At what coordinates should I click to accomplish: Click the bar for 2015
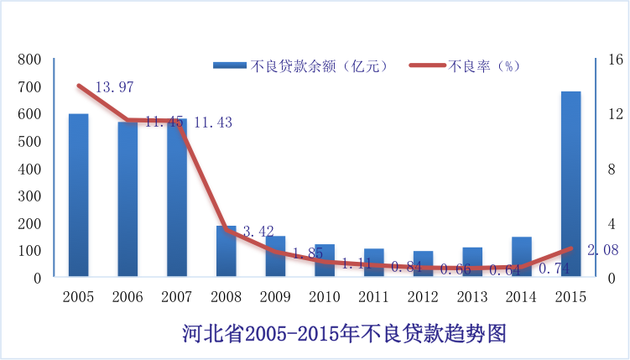[570, 185]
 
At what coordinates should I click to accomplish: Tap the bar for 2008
[226, 251]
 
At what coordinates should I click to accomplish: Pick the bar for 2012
[423, 263]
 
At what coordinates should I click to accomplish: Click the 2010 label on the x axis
[325, 297]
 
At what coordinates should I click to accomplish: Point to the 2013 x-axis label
[472, 297]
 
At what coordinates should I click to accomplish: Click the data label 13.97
[114, 87]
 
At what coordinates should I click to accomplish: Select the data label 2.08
[603, 250]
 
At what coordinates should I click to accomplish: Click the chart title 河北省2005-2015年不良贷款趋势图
[345, 333]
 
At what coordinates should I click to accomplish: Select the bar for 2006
[128, 200]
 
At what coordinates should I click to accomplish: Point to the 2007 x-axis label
[177, 297]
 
